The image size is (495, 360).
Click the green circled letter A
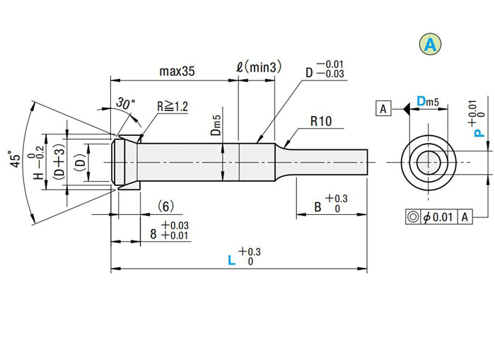[430, 45]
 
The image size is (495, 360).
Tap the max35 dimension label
[177, 71]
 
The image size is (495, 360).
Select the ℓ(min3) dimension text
[258, 68]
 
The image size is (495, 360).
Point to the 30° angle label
[125, 104]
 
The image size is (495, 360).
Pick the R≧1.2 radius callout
[173, 107]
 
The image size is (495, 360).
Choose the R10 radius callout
[320, 121]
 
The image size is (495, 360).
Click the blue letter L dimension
[231, 260]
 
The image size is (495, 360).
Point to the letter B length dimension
[318, 208]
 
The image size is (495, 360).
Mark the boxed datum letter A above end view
[383, 109]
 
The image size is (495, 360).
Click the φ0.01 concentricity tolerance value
[438, 217]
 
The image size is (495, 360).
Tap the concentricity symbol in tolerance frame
[411, 217]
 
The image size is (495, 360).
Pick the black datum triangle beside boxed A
[406, 109]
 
